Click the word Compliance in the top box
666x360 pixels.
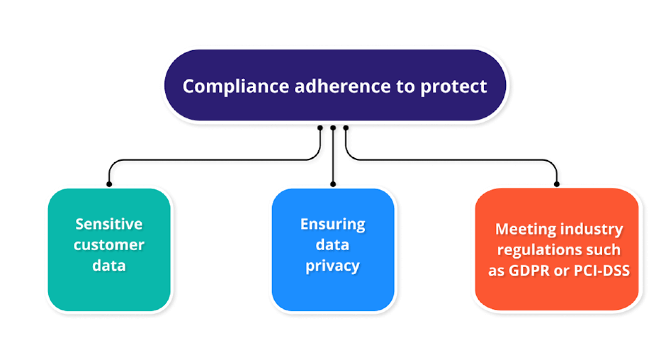coord(236,87)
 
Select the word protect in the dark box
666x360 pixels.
coord(453,87)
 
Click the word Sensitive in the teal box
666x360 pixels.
coord(109,224)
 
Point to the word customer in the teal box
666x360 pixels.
coord(109,245)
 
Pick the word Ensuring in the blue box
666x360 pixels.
coord(333,224)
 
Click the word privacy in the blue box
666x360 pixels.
coord(333,266)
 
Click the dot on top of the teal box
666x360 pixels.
coord(109,184)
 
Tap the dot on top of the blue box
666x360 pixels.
coord(333,184)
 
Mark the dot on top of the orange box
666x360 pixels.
coord(557,184)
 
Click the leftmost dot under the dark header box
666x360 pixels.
coord(320,128)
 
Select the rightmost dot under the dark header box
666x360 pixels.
coord(346,128)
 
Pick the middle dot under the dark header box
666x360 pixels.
coord(333,128)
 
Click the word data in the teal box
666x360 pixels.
coord(109,266)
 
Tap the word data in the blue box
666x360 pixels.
coord(333,245)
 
